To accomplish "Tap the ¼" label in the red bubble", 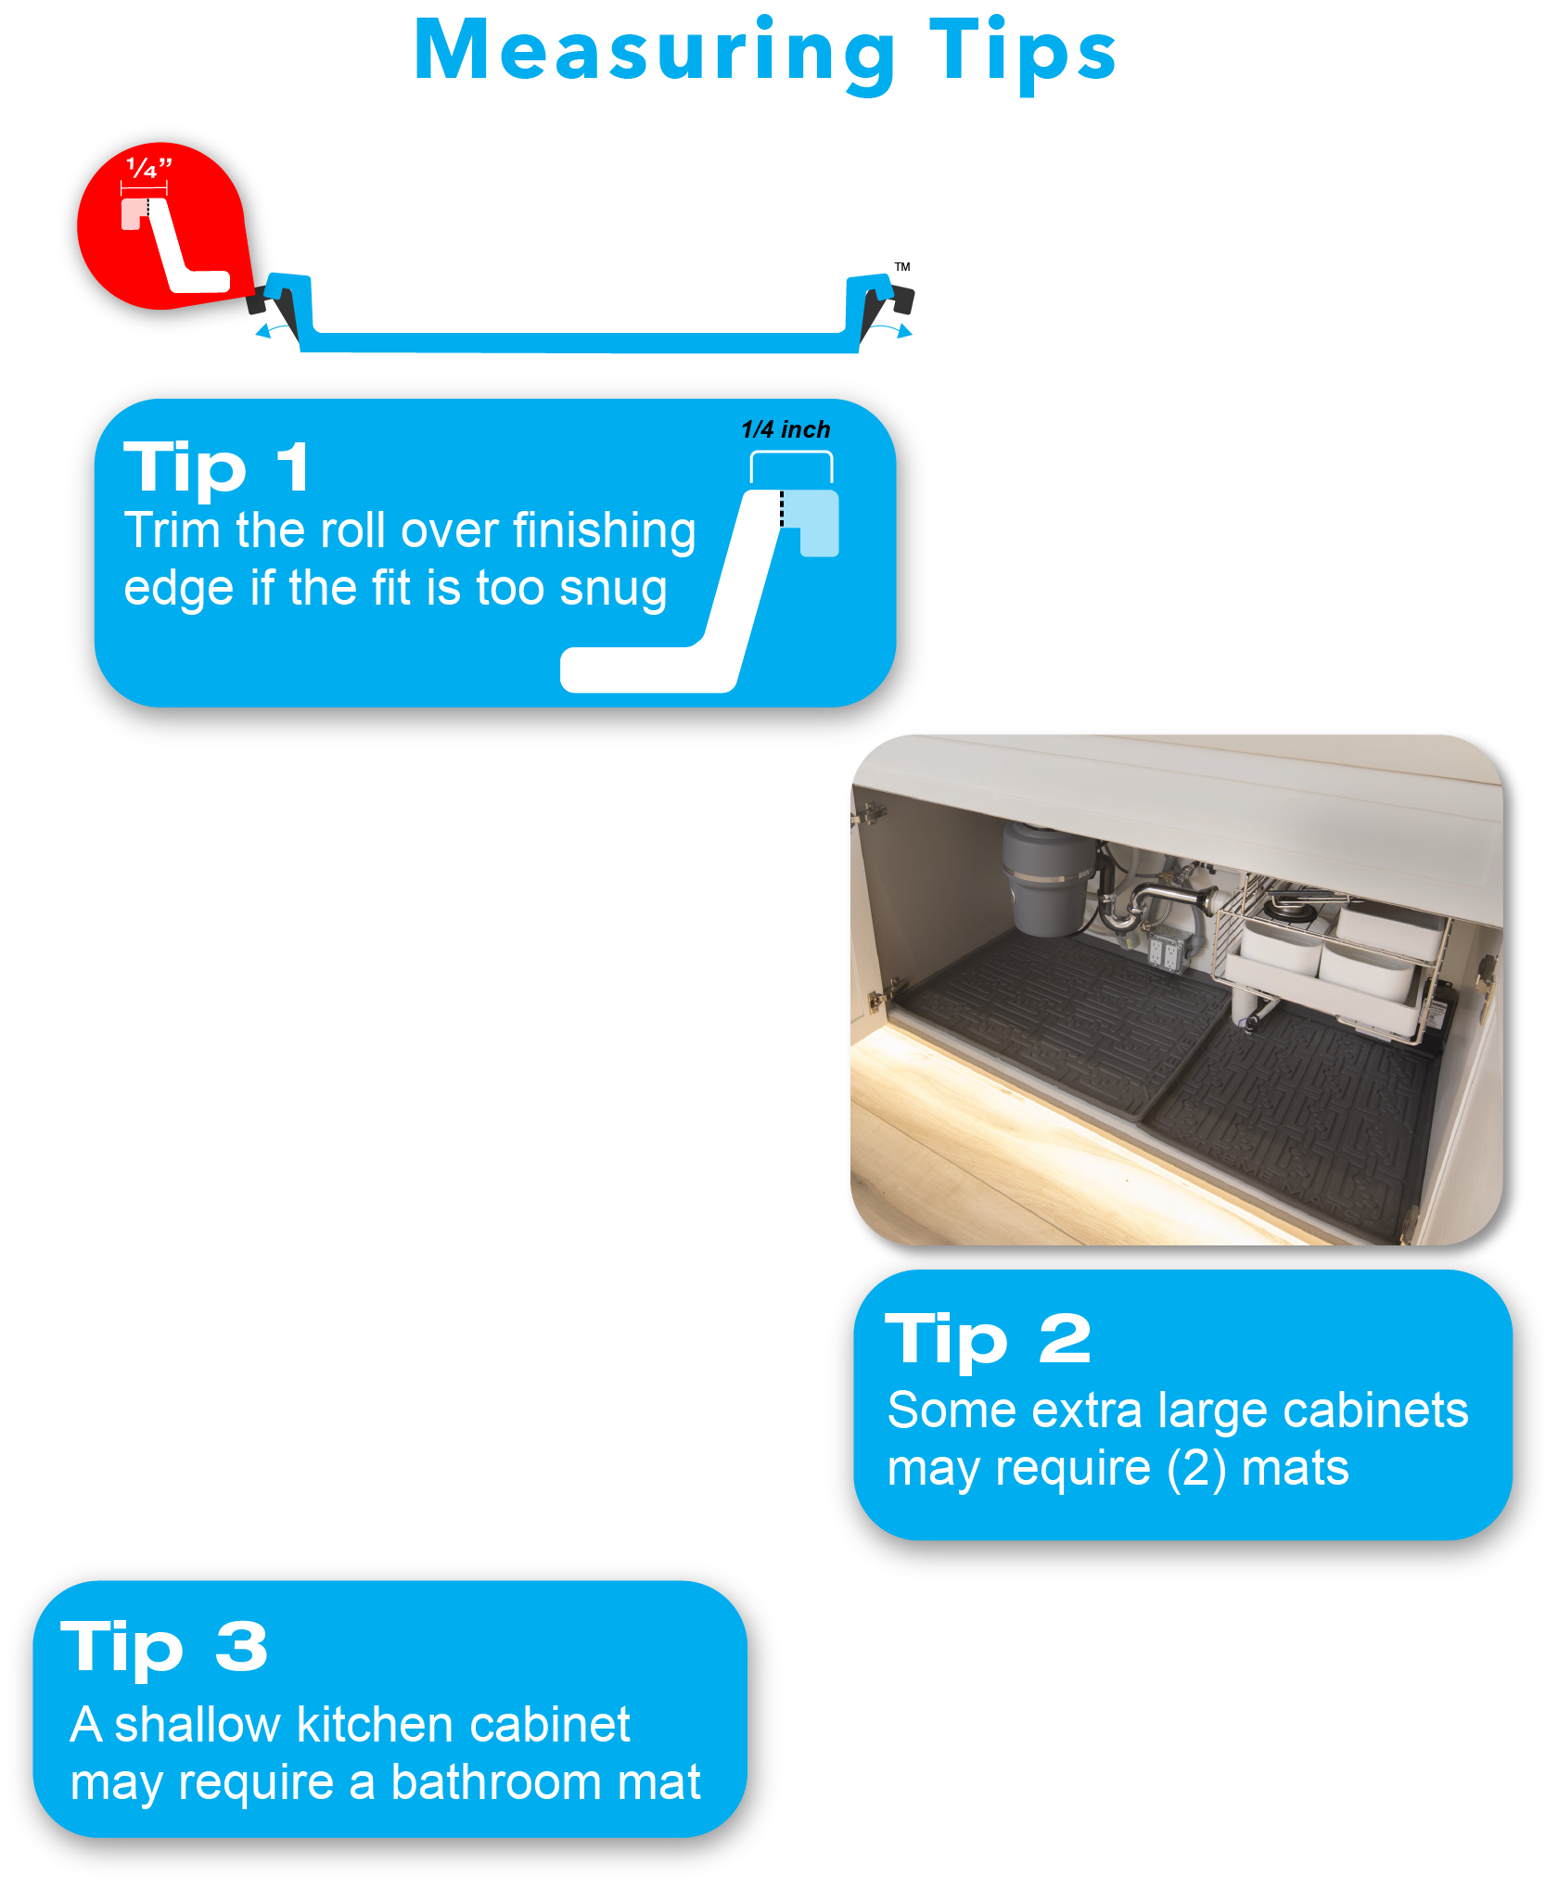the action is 148,168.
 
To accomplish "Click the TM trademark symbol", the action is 902,267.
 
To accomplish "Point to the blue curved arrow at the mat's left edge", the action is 273,330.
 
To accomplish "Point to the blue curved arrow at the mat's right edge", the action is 893,329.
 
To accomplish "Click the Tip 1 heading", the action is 216,466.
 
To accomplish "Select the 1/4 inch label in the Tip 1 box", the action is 786,429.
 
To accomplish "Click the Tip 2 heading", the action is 988,1339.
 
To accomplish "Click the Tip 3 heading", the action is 164,1648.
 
